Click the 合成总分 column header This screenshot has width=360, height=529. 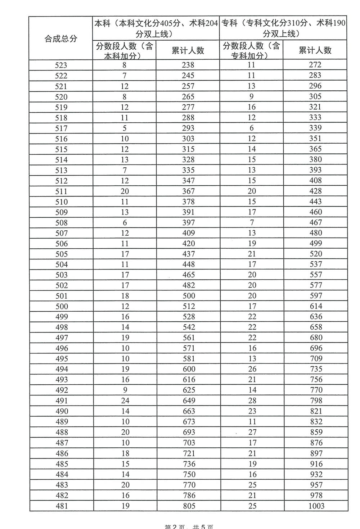point(61,39)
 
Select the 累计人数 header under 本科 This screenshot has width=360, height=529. point(188,50)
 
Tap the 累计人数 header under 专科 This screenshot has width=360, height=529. point(315,50)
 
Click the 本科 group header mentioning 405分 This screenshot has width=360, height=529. point(156,28)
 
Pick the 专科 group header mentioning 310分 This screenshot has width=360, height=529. point(283,28)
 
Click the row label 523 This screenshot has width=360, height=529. point(61,65)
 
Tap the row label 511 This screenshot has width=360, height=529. point(61,191)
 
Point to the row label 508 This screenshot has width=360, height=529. point(61,223)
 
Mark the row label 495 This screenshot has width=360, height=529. point(62,359)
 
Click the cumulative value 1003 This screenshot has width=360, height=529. point(316,506)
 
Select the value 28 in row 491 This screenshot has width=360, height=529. point(252,401)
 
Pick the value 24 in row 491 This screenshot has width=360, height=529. point(125,401)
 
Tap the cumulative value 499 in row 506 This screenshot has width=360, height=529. point(316,244)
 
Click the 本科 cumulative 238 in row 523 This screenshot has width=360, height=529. point(188,65)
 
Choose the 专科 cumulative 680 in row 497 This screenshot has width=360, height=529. point(316,338)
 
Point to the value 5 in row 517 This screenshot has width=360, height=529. point(125,128)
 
